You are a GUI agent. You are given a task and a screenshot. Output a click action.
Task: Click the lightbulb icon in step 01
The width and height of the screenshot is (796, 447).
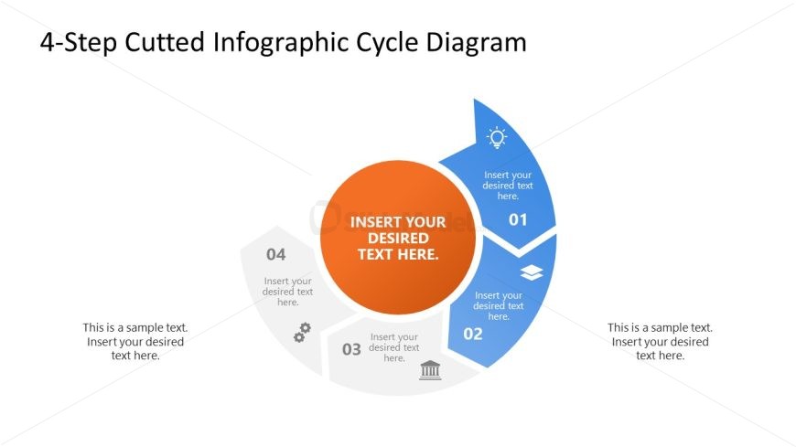coord(497,137)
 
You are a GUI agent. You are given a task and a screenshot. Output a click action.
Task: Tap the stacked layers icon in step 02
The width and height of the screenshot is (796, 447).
coord(532,272)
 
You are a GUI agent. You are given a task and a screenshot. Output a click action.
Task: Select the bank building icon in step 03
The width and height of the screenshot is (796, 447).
coord(430,370)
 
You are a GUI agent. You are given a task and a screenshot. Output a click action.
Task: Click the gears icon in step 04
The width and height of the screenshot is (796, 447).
coord(303,332)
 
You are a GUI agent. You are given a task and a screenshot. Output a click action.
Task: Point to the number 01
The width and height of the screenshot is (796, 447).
coord(518,219)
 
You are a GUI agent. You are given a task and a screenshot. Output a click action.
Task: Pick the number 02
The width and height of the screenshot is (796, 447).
coord(473,334)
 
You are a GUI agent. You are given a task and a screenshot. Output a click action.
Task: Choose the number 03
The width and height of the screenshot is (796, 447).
coord(351,349)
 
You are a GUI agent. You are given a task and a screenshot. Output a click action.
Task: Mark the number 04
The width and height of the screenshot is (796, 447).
coord(275,254)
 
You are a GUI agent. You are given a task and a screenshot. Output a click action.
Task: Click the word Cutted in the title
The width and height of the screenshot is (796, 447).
coord(165,42)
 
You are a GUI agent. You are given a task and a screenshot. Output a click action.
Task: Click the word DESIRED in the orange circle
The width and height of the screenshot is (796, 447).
coord(398,238)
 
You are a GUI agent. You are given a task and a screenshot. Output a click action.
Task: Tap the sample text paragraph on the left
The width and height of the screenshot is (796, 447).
coord(135,342)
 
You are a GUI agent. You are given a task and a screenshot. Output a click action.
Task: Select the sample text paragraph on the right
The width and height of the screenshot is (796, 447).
coord(660,342)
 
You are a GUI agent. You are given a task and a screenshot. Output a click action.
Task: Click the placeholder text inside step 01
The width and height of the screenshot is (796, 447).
coord(508,186)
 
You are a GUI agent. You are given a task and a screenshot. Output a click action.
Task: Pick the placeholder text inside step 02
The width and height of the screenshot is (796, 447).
coord(498,305)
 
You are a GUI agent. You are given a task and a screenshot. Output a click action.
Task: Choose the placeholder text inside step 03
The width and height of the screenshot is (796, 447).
coord(394,347)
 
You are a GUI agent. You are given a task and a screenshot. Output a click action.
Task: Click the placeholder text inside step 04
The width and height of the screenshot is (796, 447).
coord(287,292)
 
